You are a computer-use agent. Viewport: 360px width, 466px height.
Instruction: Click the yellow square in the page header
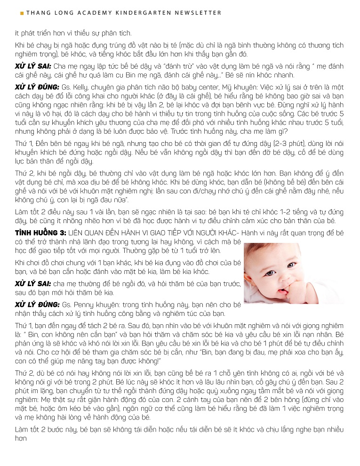pos(22,13)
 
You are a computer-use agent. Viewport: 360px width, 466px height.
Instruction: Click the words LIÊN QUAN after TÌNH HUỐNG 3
pos(84,220)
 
